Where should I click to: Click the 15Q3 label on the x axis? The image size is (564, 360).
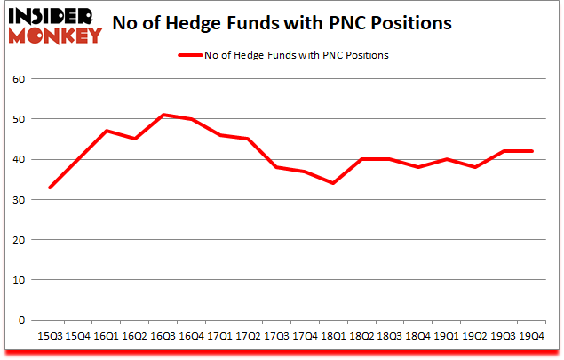tap(50, 335)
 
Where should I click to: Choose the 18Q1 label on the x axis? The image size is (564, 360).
tap(333, 335)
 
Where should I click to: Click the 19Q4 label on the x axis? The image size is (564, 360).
tap(531, 335)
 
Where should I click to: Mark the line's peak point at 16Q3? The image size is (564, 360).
tap(163, 115)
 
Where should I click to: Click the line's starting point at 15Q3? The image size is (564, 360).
tap(50, 188)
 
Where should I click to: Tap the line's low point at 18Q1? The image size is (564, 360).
tap(333, 183)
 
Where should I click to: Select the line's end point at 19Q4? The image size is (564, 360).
tap(531, 151)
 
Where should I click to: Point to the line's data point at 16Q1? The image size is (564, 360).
tap(107, 131)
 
